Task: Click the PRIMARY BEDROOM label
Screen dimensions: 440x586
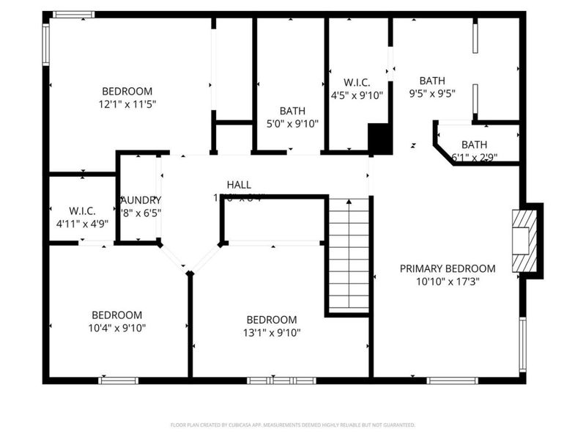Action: (447, 268)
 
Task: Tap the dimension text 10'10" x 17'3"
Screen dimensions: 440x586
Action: (447, 281)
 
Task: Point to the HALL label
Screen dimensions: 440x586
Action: (238, 185)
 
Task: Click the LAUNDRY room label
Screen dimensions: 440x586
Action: (141, 200)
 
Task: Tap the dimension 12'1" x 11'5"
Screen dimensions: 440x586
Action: (127, 103)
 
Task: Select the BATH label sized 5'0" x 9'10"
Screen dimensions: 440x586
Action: (292, 111)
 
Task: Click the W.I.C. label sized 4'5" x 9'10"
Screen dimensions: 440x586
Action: (357, 81)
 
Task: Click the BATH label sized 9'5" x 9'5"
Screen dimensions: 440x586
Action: (432, 81)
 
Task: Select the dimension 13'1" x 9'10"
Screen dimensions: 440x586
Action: (271, 332)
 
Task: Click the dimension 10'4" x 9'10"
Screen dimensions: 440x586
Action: (117, 328)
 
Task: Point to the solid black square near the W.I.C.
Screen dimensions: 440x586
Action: (379, 138)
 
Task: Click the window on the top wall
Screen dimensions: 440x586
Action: (74, 14)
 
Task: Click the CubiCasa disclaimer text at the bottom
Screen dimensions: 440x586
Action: (292, 425)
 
